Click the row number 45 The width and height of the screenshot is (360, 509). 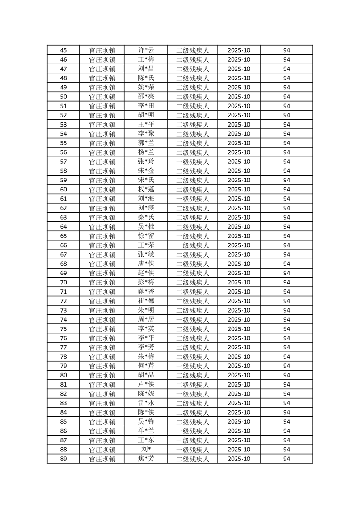coord(64,50)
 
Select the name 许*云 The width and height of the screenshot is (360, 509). coord(146,50)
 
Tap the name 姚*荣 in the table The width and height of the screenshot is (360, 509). coord(146,88)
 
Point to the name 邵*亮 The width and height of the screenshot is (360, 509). coord(146,97)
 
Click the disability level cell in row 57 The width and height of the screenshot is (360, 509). coord(192,162)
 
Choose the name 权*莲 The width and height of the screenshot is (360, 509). coord(146,190)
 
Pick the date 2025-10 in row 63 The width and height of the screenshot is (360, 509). coord(239,217)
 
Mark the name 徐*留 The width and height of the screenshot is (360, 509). coord(146,236)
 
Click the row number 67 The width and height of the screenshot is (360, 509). coord(64,254)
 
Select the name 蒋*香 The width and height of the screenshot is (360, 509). coord(146,292)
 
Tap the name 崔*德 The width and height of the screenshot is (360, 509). coord(146,301)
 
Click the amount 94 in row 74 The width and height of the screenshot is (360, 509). coord(286,319)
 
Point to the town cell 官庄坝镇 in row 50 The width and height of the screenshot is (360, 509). coord(102,97)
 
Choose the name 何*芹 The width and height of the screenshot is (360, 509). coord(146,366)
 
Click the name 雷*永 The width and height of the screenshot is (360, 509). coord(146,403)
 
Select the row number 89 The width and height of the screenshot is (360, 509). coord(64,459)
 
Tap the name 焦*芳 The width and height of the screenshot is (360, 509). coord(146,459)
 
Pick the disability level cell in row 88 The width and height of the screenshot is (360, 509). coord(192,450)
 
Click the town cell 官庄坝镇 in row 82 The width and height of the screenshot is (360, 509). coord(102,394)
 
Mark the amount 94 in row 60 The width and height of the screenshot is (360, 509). coord(286,190)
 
